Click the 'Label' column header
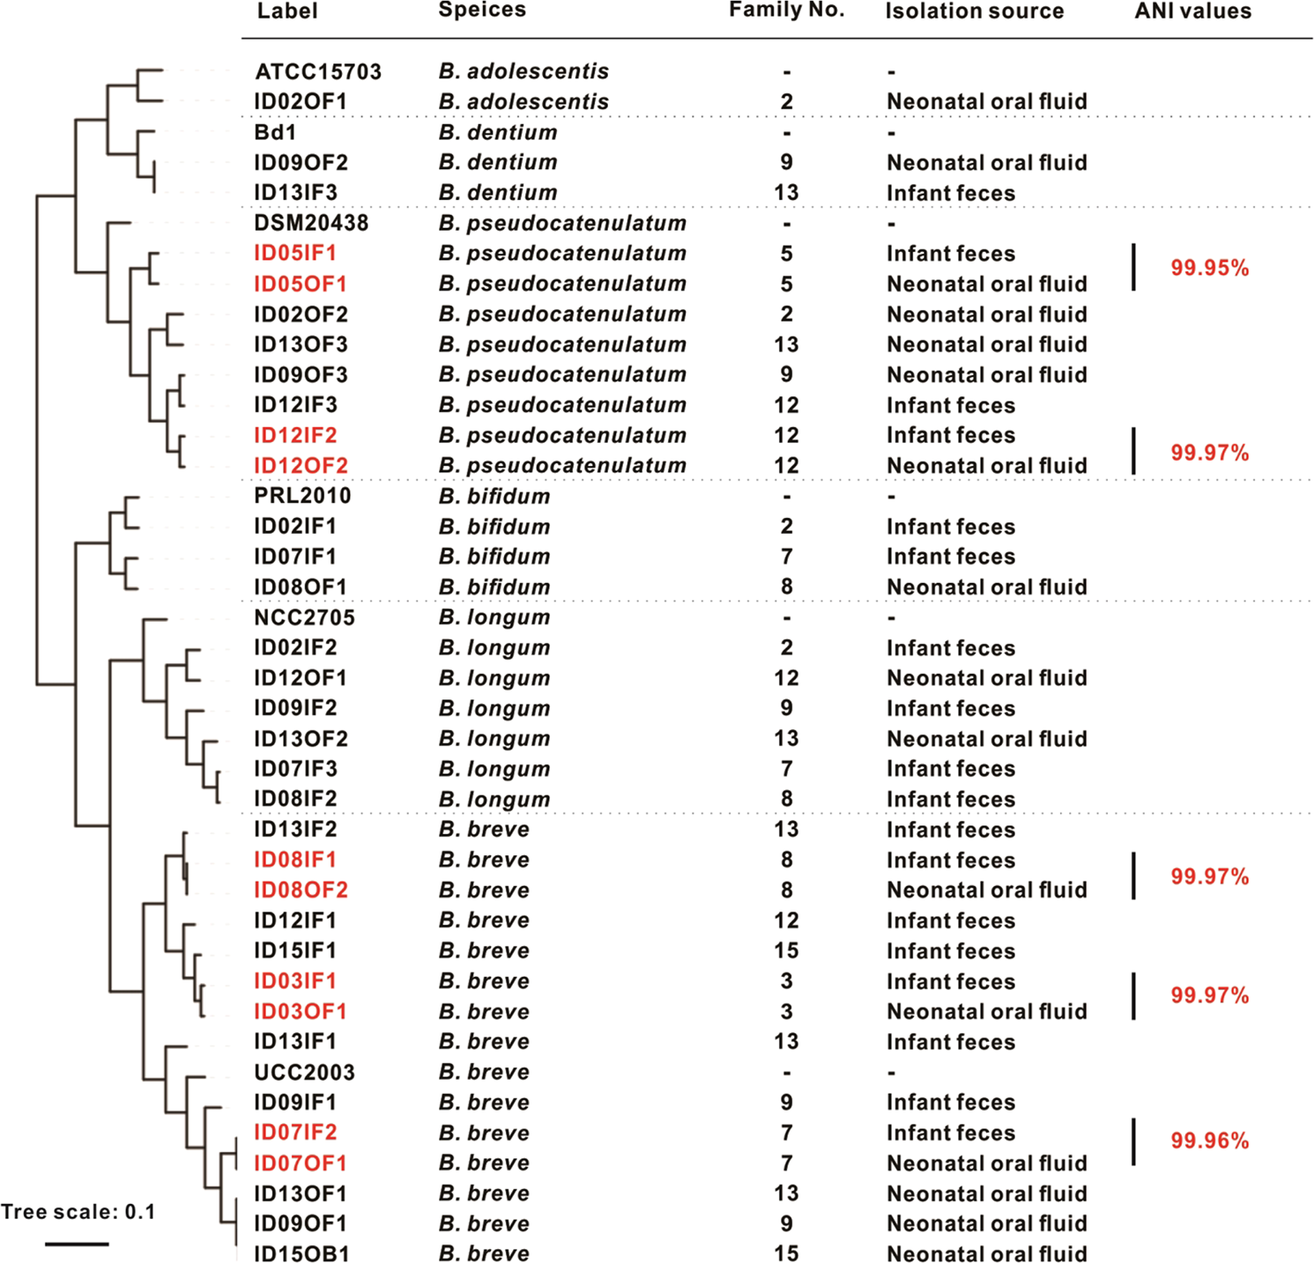(287, 11)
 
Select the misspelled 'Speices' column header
(482, 10)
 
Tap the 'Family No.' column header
(786, 10)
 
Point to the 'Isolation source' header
(974, 11)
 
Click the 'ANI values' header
(1192, 11)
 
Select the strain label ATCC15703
(318, 71)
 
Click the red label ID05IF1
(295, 254)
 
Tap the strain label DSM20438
(311, 223)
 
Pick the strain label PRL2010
(302, 496)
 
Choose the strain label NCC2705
(304, 617)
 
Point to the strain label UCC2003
(304, 1072)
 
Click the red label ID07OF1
(300, 1163)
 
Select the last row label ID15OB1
(301, 1254)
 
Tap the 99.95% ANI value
(1209, 269)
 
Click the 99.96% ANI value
(1209, 1141)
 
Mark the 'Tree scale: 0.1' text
(78, 1212)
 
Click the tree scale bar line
(77, 1244)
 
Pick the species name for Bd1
(498, 132)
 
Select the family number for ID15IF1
(786, 951)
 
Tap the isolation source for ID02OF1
(986, 102)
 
